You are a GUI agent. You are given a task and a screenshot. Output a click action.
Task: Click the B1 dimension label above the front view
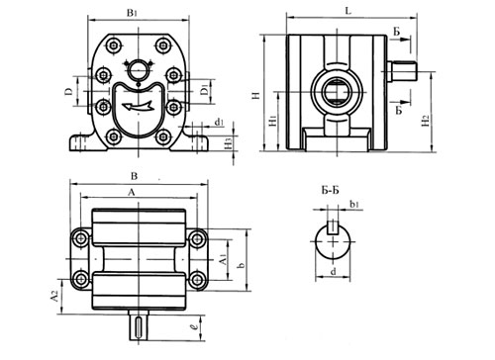[x=132, y=13]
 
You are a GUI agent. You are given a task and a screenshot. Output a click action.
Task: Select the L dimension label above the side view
[x=348, y=11]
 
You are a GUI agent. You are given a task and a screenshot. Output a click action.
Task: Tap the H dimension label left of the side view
[x=256, y=96]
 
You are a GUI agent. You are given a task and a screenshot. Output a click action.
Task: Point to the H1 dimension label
[x=272, y=121]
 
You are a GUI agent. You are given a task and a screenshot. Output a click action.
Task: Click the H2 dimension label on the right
[x=426, y=121]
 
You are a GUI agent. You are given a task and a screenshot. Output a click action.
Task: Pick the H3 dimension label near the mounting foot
[x=229, y=143]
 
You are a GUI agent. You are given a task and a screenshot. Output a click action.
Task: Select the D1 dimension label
[x=205, y=90]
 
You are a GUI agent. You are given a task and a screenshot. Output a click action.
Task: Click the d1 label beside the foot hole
[x=219, y=123]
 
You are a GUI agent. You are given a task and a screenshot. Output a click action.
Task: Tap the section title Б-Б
[x=330, y=190]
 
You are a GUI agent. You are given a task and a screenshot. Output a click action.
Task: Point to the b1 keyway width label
[x=354, y=204]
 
